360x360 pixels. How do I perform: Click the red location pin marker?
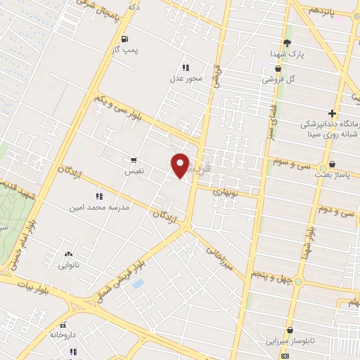pyautogui.click(x=181, y=165)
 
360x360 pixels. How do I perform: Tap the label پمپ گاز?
pyautogui.click(x=127, y=50)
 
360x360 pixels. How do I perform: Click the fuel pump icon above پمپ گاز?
pyautogui.click(x=124, y=39)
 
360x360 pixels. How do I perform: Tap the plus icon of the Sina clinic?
pyautogui.click(x=331, y=113)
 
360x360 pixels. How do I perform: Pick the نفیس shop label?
pyautogui.click(x=134, y=171)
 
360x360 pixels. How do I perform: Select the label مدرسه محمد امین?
pyautogui.click(x=97, y=208)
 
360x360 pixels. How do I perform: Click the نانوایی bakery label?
pyautogui.click(x=68, y=266)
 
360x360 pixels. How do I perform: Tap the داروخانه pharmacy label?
pyautogui.click(x=63, y=335)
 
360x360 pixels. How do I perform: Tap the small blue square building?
pyautogui.click(x=138, y=283)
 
